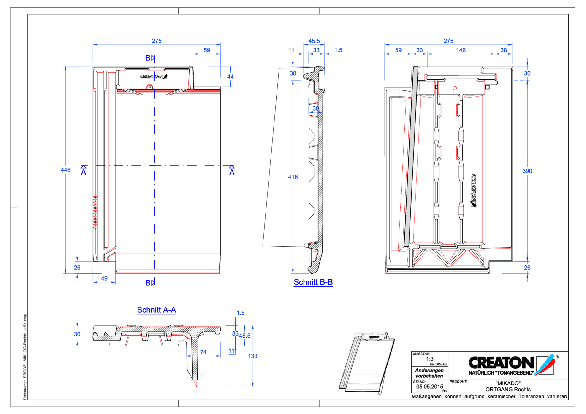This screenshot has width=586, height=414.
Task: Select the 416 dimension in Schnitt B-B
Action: coord(293,177)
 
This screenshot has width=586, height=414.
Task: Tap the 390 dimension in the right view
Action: coord(527,171)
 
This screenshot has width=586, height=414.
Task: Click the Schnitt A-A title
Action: coord(156,310)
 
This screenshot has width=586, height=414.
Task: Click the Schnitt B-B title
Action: coord(313,282)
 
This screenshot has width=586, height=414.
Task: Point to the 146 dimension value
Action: coord(461,50)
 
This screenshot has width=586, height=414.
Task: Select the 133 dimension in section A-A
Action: coord(252,356)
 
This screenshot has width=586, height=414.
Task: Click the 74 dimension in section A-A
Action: coord(203,352)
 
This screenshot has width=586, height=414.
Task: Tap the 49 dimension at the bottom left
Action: coord(104,279)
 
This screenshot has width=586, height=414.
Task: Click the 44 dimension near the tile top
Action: coord(230,77)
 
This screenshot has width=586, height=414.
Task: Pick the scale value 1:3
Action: coord(430,359)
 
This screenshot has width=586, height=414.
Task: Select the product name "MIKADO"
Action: coord(508,383)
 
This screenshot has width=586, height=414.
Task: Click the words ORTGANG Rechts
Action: coord(508,390)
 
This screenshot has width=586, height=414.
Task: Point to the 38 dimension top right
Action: coord(503,50)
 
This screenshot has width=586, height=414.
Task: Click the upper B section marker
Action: coord(149,58)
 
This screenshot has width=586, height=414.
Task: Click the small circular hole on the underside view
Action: coord(455,88)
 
